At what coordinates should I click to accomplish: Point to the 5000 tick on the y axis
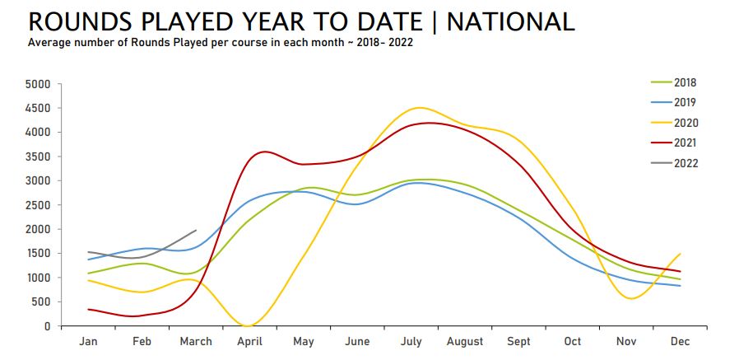39,84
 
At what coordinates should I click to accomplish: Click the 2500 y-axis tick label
39,205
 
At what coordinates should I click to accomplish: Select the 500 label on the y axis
42,302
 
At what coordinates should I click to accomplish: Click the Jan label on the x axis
88,341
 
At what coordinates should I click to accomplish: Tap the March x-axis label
195,341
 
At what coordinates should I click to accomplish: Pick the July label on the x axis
411,341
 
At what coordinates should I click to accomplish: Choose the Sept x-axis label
518,341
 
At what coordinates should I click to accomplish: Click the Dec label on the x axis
680,341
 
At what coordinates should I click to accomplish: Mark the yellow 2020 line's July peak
419,108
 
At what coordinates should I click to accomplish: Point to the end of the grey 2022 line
196,231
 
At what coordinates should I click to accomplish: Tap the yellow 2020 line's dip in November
631,298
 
